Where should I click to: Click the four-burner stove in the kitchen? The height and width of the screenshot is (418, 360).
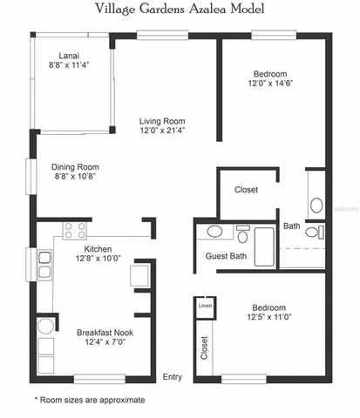[x=76, y=231]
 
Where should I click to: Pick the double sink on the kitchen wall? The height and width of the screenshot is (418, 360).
[x=44, y=264]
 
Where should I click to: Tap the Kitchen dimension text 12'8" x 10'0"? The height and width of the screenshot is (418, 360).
[x=98, y=258]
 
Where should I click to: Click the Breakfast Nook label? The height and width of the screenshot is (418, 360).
[x=104, y=333]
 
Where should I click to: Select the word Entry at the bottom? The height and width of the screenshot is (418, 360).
[x=172, y=376]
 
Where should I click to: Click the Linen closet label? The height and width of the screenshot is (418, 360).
[x=205, y=306]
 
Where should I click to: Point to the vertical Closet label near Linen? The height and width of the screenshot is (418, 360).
[x=205, y=347]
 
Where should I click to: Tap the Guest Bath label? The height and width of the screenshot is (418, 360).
[x=226, y=256]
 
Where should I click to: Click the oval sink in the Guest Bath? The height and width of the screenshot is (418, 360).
[x=215, y=232]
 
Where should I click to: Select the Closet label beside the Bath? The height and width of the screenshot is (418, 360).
[x=246, y=189]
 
